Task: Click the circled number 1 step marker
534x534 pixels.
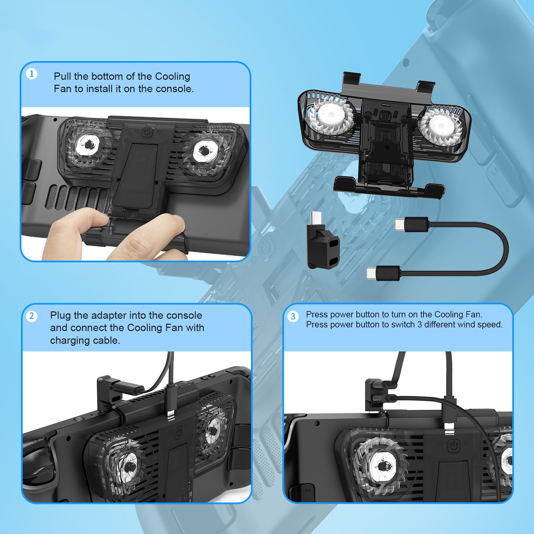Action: pyautogui.click(x=32, y=74)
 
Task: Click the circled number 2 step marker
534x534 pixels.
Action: pyautogui.click(x=32, y=316)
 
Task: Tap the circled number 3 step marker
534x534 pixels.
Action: pyautogui.click(x=293, y=316)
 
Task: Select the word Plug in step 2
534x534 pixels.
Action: pyautogui.click(x=60, y=316)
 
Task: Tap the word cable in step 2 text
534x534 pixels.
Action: pyautogui.click(x=108, y=340)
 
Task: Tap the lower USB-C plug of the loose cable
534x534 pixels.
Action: pyautogui.click(x=383, y=273)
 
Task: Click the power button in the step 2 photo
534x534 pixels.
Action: pyautogui.click(x=179, y=433)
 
